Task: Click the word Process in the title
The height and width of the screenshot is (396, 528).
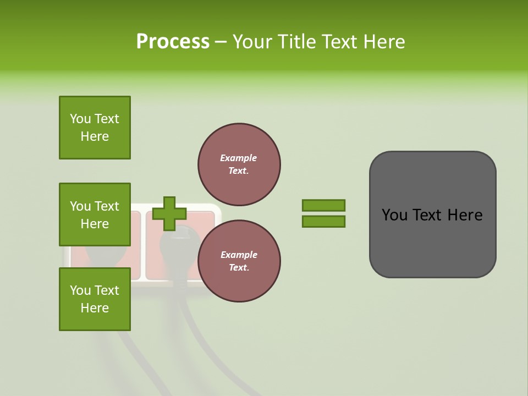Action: coord(173,42)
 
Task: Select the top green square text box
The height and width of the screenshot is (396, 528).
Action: coord(95,128)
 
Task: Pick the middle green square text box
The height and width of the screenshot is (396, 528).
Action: coord(95,215)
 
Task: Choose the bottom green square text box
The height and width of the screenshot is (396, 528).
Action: coord(95,299)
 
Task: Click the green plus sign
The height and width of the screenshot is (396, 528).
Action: coord(169,213)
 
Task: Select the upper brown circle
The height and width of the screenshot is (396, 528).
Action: coord(239,164)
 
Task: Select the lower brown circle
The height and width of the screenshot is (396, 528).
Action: coord(239,261)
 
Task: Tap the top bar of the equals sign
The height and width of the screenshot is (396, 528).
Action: coord(324,205)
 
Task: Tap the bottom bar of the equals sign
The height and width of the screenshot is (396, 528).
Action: coord(324,221)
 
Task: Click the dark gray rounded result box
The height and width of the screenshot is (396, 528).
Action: coord(432,242)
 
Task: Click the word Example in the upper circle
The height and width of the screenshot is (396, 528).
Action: coord(239,158)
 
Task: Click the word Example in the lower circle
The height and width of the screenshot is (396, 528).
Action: coord(239,255)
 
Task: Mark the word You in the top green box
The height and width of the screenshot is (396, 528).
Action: coord(80,119)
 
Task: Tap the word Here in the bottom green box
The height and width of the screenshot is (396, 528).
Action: coord(95,308)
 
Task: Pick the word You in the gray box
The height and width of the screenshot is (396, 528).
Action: coord(394,215)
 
